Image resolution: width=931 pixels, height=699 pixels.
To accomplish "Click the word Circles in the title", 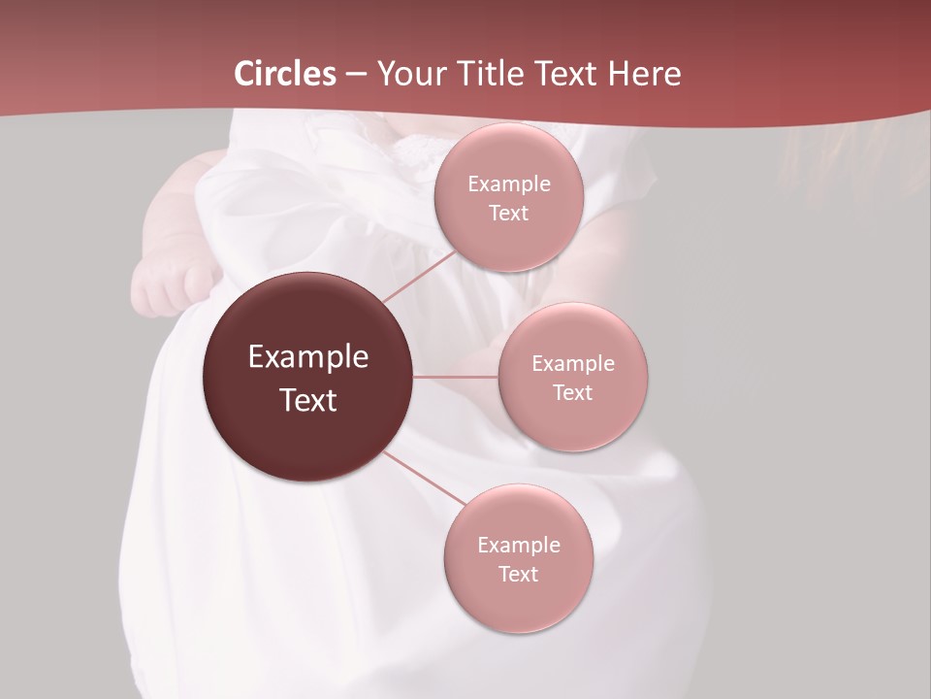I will (x=285, y=74).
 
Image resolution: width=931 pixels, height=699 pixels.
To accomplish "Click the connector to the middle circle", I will (x=456, y=377).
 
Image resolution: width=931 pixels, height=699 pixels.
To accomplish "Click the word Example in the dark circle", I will (x=308, y=357).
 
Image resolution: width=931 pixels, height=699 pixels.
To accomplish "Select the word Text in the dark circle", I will (x=308, y=400).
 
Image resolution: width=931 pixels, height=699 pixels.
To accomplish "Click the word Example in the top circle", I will (x=509, y=184).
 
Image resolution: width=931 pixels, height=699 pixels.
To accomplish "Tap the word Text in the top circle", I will (x=509, y=214).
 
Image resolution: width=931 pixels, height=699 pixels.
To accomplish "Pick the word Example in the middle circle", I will (x=573, y=364).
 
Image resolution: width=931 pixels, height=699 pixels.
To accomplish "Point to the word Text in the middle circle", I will (x=573, y=393).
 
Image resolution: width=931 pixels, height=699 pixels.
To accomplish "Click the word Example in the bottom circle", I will (x=519, y=546).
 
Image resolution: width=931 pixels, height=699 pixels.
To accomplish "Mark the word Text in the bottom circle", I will (x=519, y=575).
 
